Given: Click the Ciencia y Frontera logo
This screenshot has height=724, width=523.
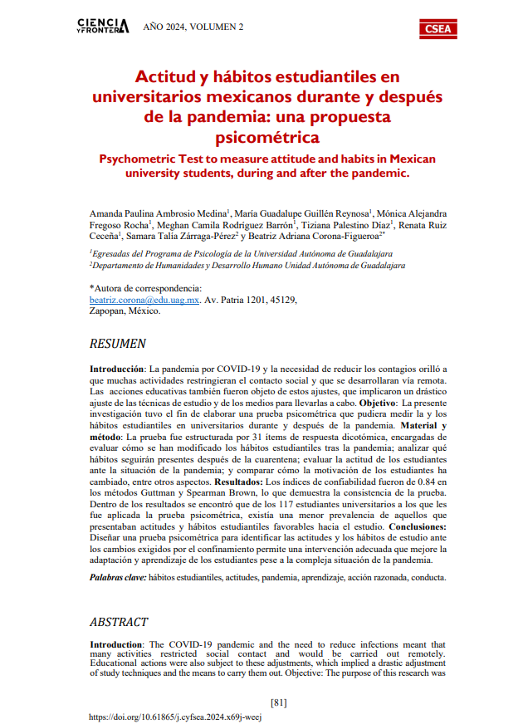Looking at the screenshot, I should click(x=102, y=27).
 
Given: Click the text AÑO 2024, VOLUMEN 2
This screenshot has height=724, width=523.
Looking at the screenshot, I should click(x=193, y=27).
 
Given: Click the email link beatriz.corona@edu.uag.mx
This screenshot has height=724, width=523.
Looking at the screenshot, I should click(x=144, y=300).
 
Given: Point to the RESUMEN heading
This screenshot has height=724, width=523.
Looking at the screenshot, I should click(x=118, y=343).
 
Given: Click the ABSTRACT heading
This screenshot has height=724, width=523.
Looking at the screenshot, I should click(x=118, y=621).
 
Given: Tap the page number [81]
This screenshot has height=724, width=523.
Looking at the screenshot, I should click(x=279, y=702).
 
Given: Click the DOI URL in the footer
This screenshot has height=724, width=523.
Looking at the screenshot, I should click(x=174, y=717).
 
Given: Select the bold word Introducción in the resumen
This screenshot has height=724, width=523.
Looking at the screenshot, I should click(x=117, y=367).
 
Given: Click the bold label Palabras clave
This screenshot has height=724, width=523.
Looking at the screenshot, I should click(x=118, y=576).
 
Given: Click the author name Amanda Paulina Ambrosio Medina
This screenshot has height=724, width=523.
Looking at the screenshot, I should click(x=157, y=213).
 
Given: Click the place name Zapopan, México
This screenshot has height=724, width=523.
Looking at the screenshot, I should click(x=125, y=311).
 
